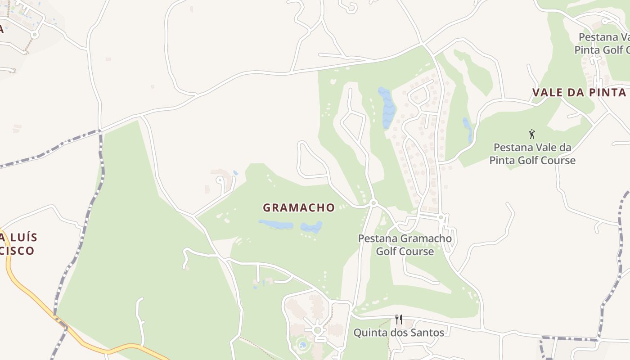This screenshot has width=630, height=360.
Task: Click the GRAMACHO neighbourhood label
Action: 299,207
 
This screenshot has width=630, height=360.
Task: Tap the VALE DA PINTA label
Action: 579,93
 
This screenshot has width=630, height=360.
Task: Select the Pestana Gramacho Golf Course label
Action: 405,245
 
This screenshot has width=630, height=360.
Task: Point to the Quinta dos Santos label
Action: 399,333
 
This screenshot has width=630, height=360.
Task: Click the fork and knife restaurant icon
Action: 399,319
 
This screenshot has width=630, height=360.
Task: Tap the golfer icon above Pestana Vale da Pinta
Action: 532,134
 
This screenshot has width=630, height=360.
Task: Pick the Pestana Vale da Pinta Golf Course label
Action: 532,154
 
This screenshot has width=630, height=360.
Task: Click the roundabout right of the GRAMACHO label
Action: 373,203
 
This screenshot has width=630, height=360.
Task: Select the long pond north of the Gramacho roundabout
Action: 386,107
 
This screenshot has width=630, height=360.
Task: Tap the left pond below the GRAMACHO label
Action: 275,224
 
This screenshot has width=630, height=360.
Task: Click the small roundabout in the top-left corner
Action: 35,34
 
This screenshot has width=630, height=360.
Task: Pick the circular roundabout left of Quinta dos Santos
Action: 318,330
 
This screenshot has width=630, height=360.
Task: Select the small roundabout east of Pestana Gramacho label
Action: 441,217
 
